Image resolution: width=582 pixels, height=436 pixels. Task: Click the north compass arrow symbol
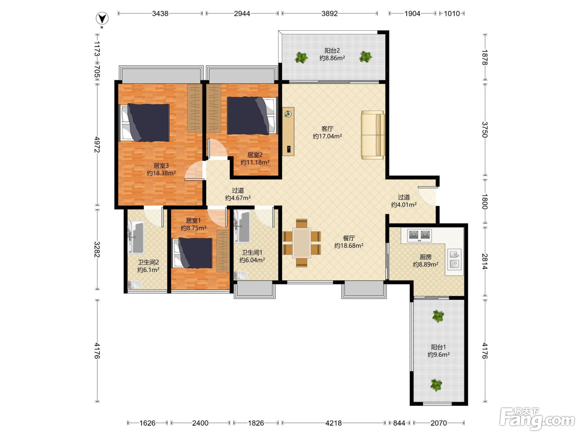102,19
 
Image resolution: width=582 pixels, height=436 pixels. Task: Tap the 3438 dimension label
160,14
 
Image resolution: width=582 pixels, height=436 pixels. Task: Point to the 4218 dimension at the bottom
333,423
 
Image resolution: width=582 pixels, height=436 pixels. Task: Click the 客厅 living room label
327,129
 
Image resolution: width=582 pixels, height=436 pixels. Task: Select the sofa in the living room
373,135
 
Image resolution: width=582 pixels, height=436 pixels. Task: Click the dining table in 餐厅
302,243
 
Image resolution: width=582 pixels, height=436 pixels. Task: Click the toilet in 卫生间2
135,284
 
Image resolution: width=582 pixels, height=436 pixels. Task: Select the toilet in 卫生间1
241,275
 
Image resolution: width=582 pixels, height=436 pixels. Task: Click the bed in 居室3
145,123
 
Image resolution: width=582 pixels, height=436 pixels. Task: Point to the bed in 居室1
193,253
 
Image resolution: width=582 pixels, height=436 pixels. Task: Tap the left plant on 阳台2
301,57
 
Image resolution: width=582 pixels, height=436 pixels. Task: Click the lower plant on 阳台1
436,385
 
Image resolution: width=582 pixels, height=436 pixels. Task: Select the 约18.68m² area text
349,245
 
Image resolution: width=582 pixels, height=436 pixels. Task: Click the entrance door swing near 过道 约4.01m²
427,196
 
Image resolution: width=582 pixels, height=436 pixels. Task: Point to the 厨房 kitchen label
425,257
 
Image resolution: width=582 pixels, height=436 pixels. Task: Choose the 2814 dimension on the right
485,261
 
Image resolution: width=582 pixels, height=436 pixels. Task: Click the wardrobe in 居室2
214,108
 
